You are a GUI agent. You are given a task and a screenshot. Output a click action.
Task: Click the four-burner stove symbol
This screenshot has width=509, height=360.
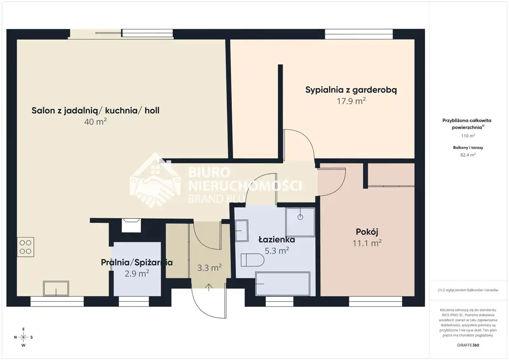tap(25, 247)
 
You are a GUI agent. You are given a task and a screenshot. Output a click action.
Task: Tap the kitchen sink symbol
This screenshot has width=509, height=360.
tap(56, 289)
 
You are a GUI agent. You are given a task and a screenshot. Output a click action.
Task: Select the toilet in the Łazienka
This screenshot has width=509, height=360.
tap(252, 260)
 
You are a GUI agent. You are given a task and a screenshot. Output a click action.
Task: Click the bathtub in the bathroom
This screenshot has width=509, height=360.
tap(283, 284)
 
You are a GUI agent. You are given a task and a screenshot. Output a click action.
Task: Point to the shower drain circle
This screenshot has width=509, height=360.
tap(300, 217)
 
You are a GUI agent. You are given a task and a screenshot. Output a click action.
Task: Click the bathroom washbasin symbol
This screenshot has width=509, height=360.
tap(241, 230)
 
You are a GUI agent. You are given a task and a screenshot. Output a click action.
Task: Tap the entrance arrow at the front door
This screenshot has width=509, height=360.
tap(209, 288)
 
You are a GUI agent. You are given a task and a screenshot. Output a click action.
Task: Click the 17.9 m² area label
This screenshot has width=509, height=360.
tap(351, 101)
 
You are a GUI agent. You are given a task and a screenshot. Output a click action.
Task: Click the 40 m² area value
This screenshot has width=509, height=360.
tap(95, 122)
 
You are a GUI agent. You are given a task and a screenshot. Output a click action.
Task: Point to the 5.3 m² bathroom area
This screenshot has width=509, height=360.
tap(277, 251)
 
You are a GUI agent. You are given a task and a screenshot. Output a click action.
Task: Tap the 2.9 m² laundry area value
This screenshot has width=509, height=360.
tap(137, 273)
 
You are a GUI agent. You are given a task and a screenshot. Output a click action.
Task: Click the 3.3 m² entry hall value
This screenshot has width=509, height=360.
tap(209, 268)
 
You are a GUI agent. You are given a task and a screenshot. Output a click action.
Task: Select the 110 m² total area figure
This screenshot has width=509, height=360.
tap(468, 136)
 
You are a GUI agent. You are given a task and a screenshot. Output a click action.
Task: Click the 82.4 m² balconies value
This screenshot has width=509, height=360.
tap(468, 155)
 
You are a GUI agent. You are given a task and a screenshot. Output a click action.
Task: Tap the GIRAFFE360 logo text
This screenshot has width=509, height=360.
tap(468, 345)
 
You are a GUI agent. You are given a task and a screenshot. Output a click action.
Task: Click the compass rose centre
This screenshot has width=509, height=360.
tap(23, 337)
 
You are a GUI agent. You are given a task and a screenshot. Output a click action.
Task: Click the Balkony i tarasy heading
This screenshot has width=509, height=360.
tap(468, 148)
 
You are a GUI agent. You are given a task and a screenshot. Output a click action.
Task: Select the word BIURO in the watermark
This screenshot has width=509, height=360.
tap(209, 173)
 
